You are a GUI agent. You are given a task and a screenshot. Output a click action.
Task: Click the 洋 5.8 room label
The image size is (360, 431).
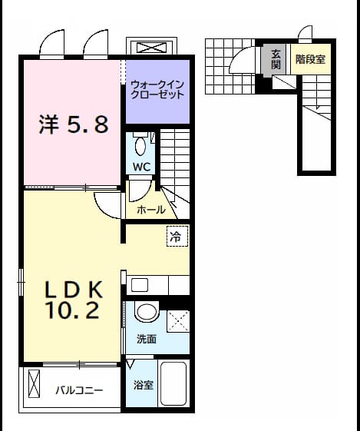click(x=74, y=124)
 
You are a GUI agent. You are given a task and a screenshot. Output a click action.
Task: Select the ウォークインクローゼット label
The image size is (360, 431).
click(x=157, y=89)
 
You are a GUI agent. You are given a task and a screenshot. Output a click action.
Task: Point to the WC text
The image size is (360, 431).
click(x=141, y=167)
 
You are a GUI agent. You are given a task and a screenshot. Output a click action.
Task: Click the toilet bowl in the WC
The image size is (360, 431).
click(x=140, y=146)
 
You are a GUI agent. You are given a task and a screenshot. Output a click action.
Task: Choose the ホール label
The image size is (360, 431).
click(x=151, y=210)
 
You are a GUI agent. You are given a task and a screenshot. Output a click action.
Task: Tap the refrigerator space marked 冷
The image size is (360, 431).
click(x=177, y=236)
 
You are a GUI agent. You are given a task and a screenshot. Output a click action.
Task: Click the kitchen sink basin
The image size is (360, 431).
click(x=140, y=285)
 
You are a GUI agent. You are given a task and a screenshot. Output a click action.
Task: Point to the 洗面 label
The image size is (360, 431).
click(x=147, y=340)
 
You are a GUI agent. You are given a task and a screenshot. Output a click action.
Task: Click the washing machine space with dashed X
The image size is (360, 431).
click(x=178, y=321)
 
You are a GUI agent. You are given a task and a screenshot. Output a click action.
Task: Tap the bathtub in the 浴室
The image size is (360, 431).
click(x=173, y=383)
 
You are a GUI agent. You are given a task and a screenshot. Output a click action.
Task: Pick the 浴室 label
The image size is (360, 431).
click(x=144, y=385)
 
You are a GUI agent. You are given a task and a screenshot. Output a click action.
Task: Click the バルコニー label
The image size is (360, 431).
click(x=79, y=390)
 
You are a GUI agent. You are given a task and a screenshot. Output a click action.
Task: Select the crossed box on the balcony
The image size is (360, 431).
click(x=34, y=383)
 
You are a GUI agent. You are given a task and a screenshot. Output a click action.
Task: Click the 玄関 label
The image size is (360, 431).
click(x=276, y=59)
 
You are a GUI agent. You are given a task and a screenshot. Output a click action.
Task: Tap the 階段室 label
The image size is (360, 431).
click(x=310, y=59)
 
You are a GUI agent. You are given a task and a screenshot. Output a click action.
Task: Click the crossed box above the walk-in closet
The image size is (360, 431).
click(x=151, y=48)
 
